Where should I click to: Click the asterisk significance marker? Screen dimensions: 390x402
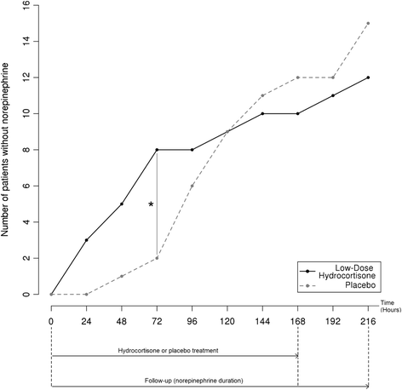[151, 204]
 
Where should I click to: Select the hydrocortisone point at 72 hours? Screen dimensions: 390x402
[157, 150]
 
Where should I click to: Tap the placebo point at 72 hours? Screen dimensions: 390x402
[157, 258]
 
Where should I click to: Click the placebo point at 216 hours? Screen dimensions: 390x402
[368, 23]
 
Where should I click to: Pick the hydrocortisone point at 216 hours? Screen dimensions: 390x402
[368, 77]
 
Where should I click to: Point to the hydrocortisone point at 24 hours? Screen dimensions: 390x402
[86, 240]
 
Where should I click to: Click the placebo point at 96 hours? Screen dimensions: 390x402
[192, 186]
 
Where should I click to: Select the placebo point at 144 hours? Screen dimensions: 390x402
[262, 95]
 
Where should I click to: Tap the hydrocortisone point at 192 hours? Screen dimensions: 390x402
[333, 95]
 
